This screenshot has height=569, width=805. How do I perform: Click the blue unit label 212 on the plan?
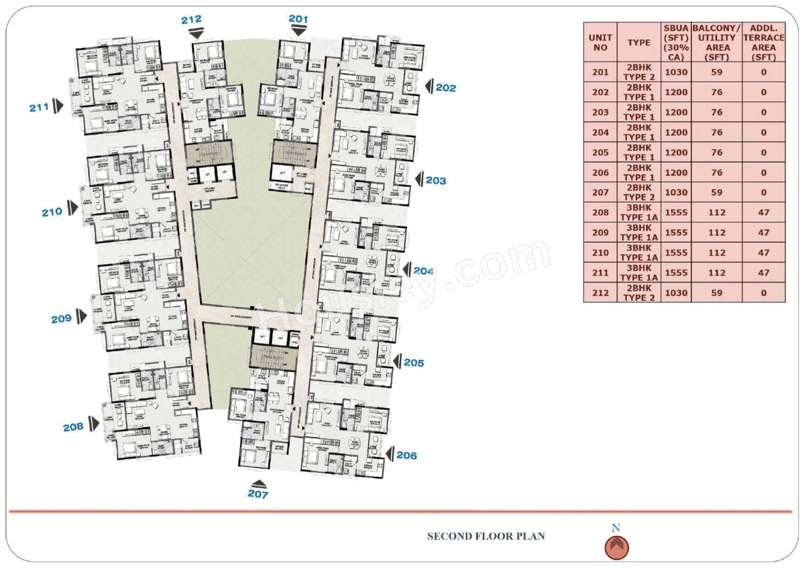tap(191, 20)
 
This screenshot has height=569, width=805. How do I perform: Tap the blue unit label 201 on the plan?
tap(298, 19)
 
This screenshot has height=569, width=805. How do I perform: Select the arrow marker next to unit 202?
tap(430, 87)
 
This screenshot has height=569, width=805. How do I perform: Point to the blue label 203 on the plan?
tap(436, 181)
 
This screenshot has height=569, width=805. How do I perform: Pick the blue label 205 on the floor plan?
tap(414, 363)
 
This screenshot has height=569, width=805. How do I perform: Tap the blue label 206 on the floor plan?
tap(407, 455)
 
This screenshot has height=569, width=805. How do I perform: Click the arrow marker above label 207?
tap(258, 483)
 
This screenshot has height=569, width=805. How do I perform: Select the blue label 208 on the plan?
tap(73, 427)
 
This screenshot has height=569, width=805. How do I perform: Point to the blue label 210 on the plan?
tap(52, 211)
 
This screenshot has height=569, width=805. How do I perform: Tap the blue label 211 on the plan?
tap(39, 108)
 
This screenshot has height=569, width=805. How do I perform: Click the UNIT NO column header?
tap(600, 42)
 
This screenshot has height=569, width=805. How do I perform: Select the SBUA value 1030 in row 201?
tap(676, 72)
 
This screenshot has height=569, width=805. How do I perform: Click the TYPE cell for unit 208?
tap(638, 213)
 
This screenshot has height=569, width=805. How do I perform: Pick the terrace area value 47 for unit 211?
tap(764, 273)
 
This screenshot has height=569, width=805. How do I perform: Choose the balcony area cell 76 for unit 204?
tap(716, 133)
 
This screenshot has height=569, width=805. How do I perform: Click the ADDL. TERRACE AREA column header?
tap(764, 42)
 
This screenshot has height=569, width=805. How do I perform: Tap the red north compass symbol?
tap(617, 547)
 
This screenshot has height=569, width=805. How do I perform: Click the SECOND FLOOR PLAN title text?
tap(486, 537)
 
